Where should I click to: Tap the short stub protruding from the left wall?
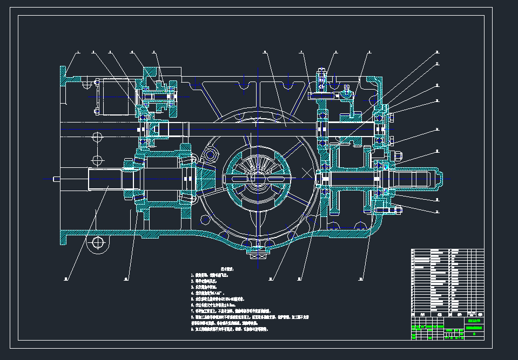[x=56, y=179]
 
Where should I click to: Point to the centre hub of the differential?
[x=258, y=179]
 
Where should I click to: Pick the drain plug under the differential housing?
[x=257, y=249]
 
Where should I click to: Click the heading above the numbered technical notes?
[x=226, y=268]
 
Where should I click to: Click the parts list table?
[x=447, y=280]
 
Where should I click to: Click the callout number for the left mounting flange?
[x=77, y=52]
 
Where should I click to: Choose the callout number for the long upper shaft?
[x=265, y=52]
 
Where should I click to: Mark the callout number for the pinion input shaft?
[x=66, y=279]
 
